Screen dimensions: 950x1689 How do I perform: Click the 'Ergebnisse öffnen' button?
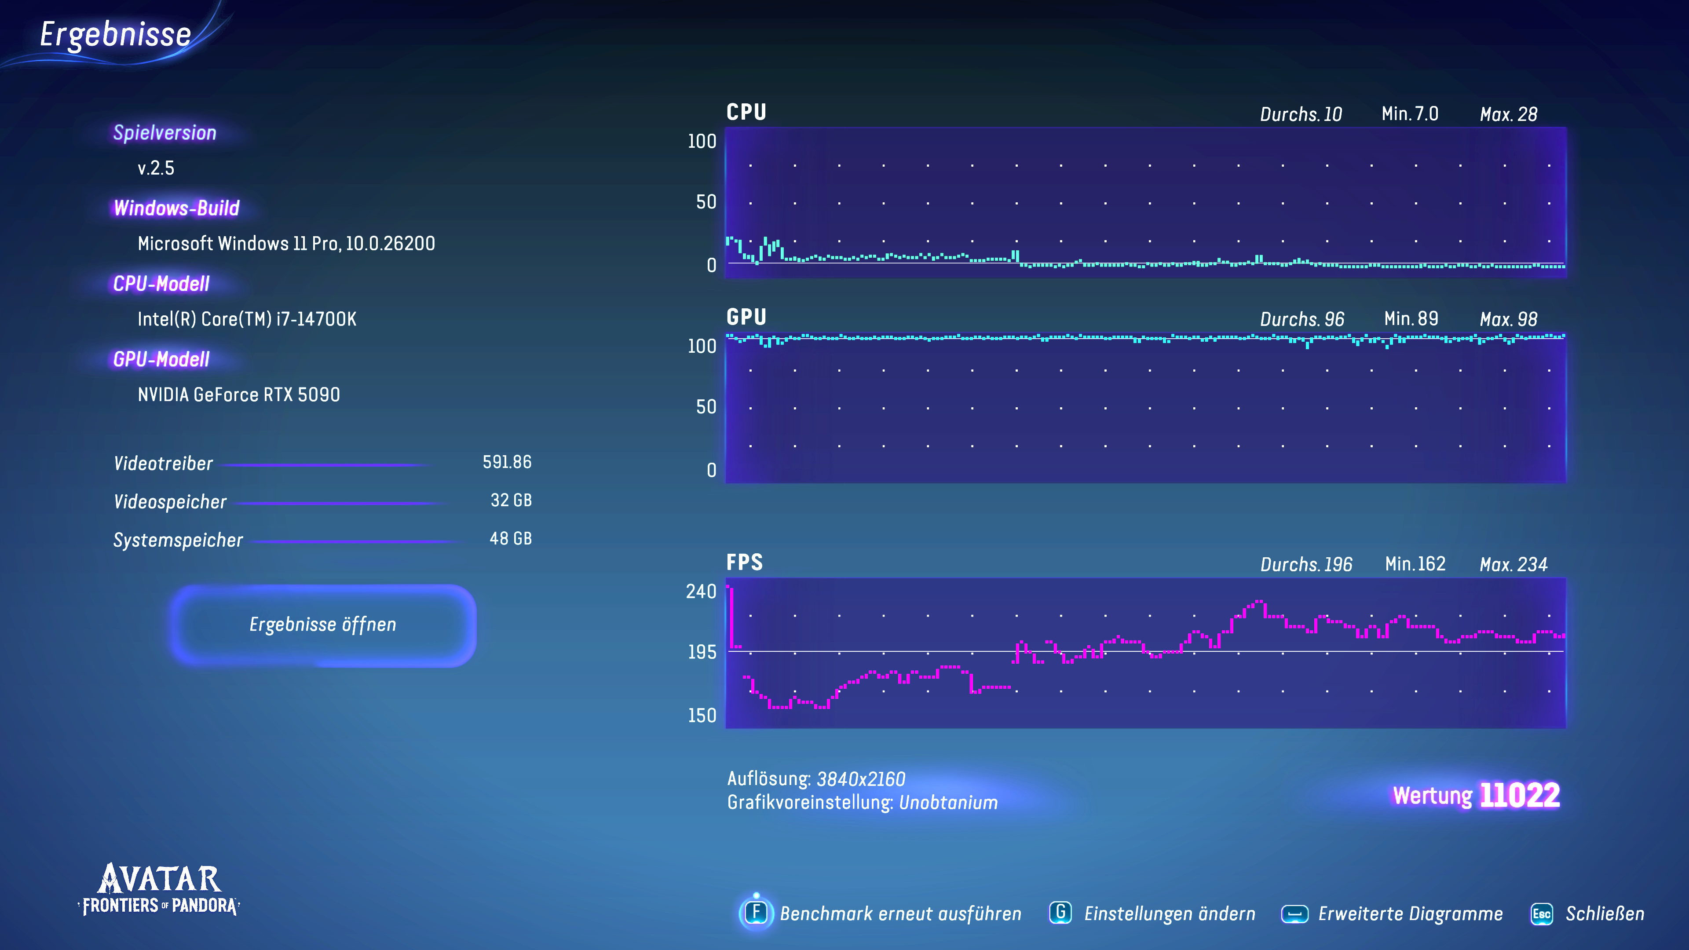tap(322, 625)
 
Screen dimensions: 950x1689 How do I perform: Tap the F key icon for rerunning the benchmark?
tap(756, 913)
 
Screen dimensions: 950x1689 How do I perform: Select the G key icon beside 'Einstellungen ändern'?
tap(1060, 913)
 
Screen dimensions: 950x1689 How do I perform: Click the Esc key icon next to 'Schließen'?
tap(1542, 914)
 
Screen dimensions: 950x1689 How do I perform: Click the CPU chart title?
tap(746, 112)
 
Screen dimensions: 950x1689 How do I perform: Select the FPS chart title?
tap(745, 563)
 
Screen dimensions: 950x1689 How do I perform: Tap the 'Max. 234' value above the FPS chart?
tap(1513, 564)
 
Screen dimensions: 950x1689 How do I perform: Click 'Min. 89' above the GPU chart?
tap(1411, 319)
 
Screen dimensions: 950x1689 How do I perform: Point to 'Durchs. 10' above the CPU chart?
tap(1301, 115)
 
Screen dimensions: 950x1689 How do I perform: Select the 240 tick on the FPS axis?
tap(701, 592)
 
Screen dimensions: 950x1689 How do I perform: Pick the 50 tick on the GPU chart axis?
tap(706, 407)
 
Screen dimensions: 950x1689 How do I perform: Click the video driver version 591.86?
tap(507, 462)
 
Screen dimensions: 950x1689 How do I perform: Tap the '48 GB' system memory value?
tap(510, 539)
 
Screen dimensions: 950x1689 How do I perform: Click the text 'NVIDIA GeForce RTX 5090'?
tap(239, 395)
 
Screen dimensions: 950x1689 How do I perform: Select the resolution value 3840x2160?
tap(860, 779)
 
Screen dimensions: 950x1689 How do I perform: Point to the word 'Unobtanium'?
tap(948, 803)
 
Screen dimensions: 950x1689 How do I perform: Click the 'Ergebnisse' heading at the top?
tap(115, 35)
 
